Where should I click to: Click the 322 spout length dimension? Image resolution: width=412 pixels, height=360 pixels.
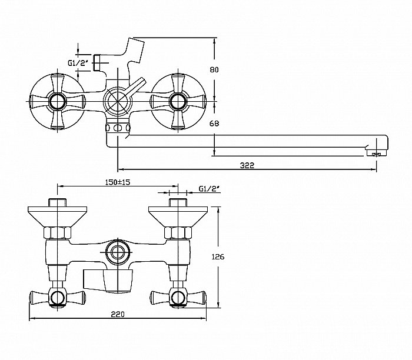coord(247,165)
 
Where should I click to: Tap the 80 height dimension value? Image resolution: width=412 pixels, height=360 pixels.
coord(214,69)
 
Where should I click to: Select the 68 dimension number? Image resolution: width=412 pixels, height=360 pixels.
coord(214,123)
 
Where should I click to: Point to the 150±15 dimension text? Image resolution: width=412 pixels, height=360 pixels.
coord(118,182)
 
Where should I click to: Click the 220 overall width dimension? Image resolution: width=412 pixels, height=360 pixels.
coord(118,314)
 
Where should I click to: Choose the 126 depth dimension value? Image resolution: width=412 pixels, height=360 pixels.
coord(218,256)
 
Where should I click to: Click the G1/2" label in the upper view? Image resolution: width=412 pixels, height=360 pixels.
coord(77,63)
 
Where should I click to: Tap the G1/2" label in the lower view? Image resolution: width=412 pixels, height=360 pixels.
coord(209,189)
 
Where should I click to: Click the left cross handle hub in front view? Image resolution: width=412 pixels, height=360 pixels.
coord(57,101)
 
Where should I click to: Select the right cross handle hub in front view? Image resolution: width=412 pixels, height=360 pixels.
coord(178,101)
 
